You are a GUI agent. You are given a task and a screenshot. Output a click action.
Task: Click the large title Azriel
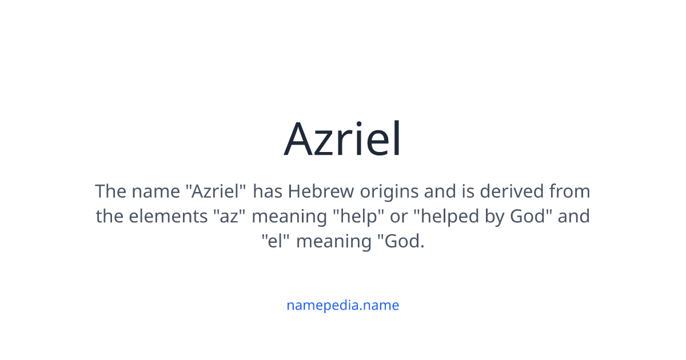point(343,139)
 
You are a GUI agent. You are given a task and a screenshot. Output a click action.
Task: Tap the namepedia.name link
point(342,305)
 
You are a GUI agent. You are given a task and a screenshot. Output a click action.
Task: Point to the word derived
point(512,191)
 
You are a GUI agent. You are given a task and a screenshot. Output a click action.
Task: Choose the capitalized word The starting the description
point(110,191)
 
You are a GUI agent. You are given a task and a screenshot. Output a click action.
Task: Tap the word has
point(268,191)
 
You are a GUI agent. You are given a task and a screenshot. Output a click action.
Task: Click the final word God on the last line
point(403,242)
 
